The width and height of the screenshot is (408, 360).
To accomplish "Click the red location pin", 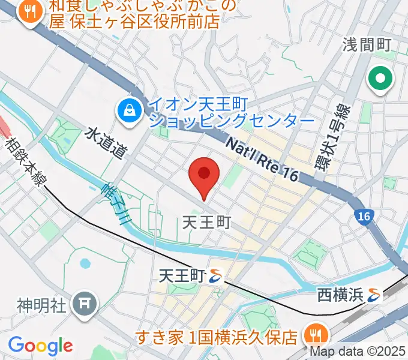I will point(203,176).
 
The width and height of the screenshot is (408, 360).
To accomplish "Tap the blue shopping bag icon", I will point(129,110).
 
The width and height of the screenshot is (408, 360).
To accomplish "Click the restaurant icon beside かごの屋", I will point(29,10).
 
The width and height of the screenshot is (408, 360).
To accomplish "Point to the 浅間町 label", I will point(367,44).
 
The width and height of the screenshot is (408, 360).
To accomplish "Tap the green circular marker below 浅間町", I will point(380,78).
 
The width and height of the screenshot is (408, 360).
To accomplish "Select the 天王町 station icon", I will point(215,276).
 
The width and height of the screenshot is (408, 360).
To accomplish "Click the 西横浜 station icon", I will point(376,295).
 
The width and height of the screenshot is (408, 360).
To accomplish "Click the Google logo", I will point(40,346).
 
